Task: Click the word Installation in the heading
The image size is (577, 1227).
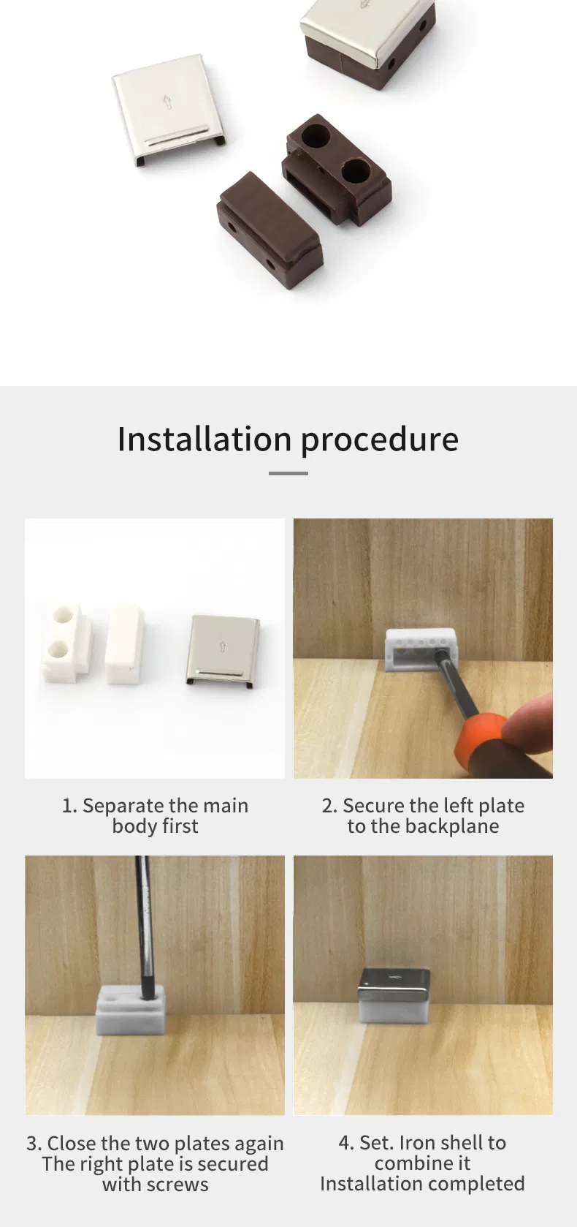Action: (x=205, y=439)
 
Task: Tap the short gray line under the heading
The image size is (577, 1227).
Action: (x=288, y=473)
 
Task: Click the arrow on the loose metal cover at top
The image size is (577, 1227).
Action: (x=167, y=102)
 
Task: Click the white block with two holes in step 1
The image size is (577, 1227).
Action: (x=66, y=643)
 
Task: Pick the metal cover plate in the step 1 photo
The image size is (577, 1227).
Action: (x=223, y=649)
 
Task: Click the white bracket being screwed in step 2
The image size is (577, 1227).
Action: (x=420, y=648)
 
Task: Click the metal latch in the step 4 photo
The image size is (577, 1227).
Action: (x=394, y=995)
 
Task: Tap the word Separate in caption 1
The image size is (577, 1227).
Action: (x=124, y=806)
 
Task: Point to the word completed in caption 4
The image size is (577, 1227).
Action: (x=477, y=1184)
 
